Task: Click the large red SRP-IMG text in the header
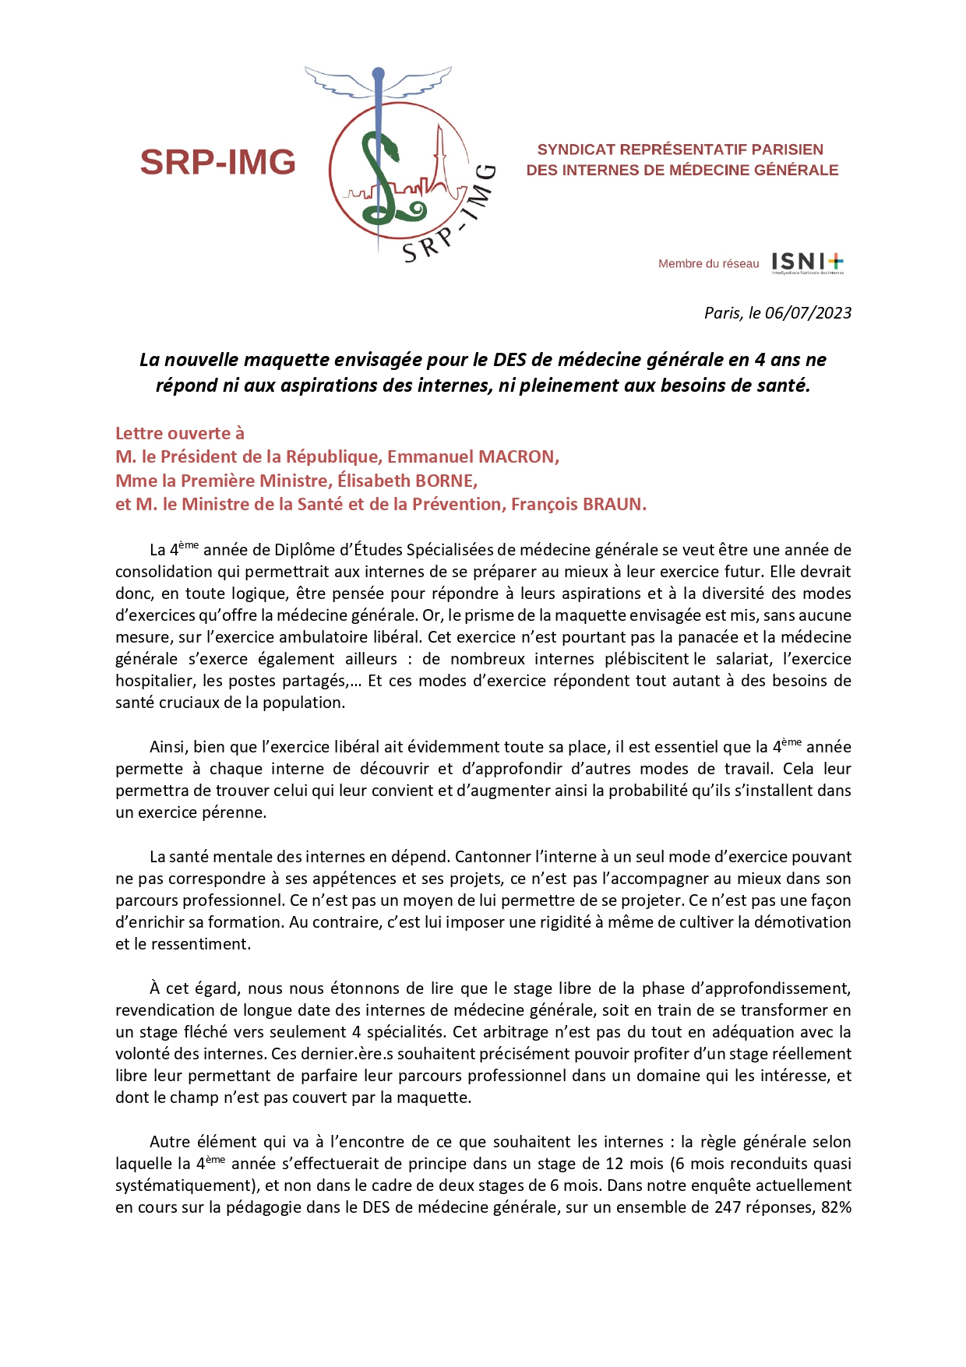point(217,163)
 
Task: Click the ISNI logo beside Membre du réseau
point(807,262)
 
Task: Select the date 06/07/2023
point(808,313)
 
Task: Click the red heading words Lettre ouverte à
point(180,434)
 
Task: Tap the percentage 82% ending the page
point(836,1207)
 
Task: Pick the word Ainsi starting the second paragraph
point(167,747)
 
